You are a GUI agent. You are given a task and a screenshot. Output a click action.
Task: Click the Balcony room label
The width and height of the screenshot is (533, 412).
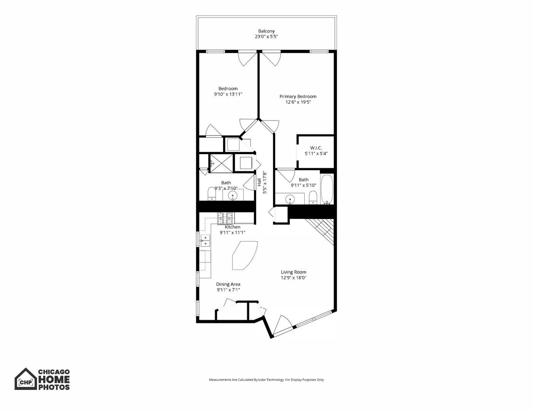click(266, 31)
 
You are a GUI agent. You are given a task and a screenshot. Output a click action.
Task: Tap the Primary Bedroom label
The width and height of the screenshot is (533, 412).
click(298, 97)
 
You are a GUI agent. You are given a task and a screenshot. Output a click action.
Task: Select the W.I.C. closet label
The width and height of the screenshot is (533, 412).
click(316, 148)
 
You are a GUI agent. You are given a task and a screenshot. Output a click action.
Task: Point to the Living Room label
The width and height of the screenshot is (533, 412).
click(294, 272)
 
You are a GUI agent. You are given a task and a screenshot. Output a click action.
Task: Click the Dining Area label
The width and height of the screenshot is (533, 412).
click(228, 284)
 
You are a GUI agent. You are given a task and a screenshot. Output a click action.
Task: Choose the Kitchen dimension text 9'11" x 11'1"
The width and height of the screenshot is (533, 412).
click(232, 232)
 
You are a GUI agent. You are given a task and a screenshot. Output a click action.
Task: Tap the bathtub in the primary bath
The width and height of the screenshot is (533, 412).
click(327, 189)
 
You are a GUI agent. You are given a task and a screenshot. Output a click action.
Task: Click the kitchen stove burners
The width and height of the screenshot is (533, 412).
click(225, 218)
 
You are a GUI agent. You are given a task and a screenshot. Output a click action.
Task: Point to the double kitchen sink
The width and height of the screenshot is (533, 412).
click(205, 241)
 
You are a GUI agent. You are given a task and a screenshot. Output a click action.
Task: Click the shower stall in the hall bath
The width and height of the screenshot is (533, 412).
click(221, 163)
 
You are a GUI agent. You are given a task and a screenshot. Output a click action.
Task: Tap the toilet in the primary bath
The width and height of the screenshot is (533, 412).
click(313, 198)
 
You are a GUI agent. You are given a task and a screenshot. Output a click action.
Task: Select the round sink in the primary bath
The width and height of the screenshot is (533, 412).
click(291, 199)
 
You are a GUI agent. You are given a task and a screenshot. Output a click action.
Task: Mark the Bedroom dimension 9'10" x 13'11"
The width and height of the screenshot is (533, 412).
click(228, 94)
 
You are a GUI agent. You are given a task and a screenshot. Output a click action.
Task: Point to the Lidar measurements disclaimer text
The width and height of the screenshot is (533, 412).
click(266, 380)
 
